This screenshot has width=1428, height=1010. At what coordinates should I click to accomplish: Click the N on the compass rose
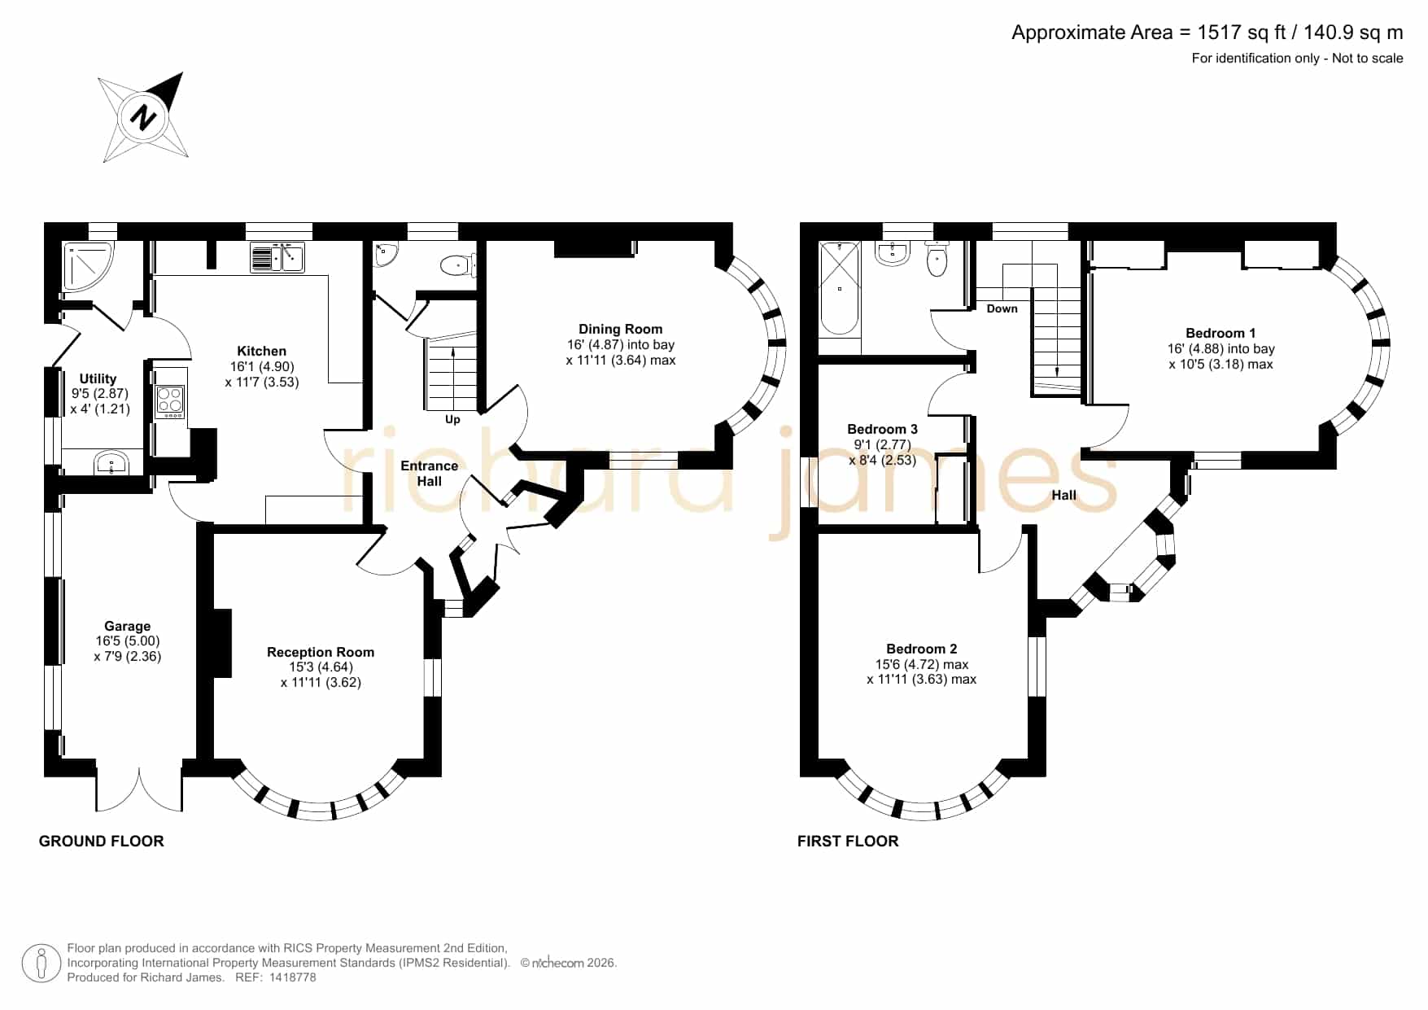click(x=144, y=117)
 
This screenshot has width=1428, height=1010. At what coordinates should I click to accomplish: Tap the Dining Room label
click(x=620, y=329)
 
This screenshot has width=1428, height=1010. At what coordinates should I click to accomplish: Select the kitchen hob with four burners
click(x=170, y=402)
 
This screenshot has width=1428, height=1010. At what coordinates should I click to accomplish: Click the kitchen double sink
click(x=277, y=258)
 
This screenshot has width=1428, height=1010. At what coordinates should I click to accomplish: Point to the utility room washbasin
click(x=110, y=463)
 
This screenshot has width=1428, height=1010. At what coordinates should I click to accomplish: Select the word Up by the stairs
click(x=452, y=419)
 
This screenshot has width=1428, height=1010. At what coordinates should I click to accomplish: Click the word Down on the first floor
click(x=1002, y=308)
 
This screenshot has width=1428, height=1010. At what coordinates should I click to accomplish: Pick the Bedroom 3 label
click(x=882, y=429)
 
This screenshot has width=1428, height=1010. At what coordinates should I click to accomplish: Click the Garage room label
click(x=127, y=626)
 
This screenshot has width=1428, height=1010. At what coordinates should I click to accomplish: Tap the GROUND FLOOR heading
click(x=102, y=841)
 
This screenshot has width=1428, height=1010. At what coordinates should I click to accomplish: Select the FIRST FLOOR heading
click(x=848, y=841)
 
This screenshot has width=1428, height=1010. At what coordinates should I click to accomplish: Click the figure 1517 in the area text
click(x=1220, y=33)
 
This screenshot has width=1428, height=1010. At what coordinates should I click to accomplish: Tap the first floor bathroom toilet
click(x=937, y=258)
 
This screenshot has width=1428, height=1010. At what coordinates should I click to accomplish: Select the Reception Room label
click(x=321, y=652)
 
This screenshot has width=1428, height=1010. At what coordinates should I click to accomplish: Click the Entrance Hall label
click(x=429, y=473)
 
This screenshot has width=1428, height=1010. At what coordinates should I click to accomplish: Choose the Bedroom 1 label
click(x=1221, y=333)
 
